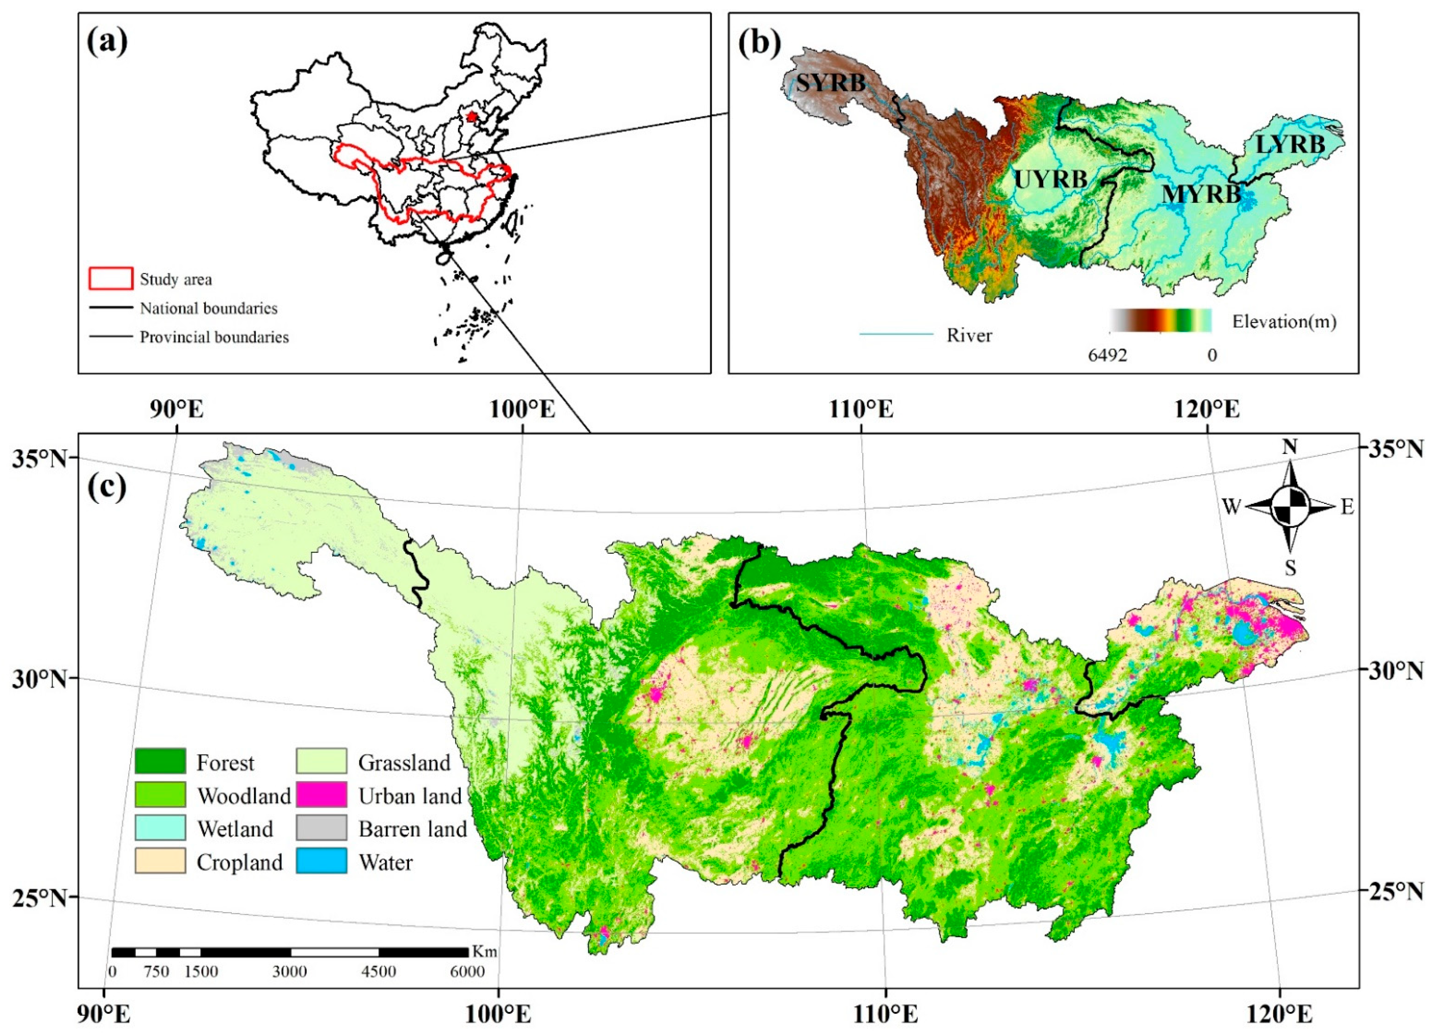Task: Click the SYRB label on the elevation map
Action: point(830,83)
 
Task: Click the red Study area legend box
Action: point(111,278)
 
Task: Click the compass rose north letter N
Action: point(1290,447)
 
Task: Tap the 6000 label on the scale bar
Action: point(467,971)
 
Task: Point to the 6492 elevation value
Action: point(1107,355)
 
